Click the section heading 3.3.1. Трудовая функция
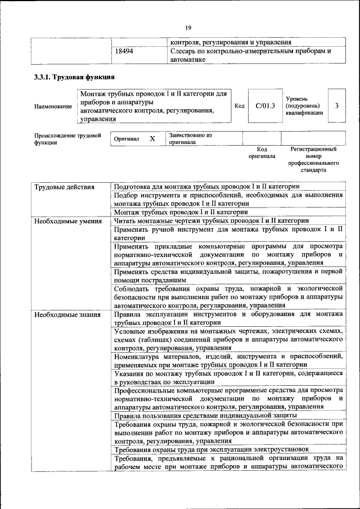click(x=75, y=77)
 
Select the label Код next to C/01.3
click(x=239, y=105)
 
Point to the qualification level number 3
click(x=336, y=105)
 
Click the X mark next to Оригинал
click(x=152, y=138)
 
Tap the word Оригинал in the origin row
click(x=127, y=138)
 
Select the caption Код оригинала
click(x=262, y=152)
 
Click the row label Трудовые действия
click(x=64, y=187)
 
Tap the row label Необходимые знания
click(x=66, y=314)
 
